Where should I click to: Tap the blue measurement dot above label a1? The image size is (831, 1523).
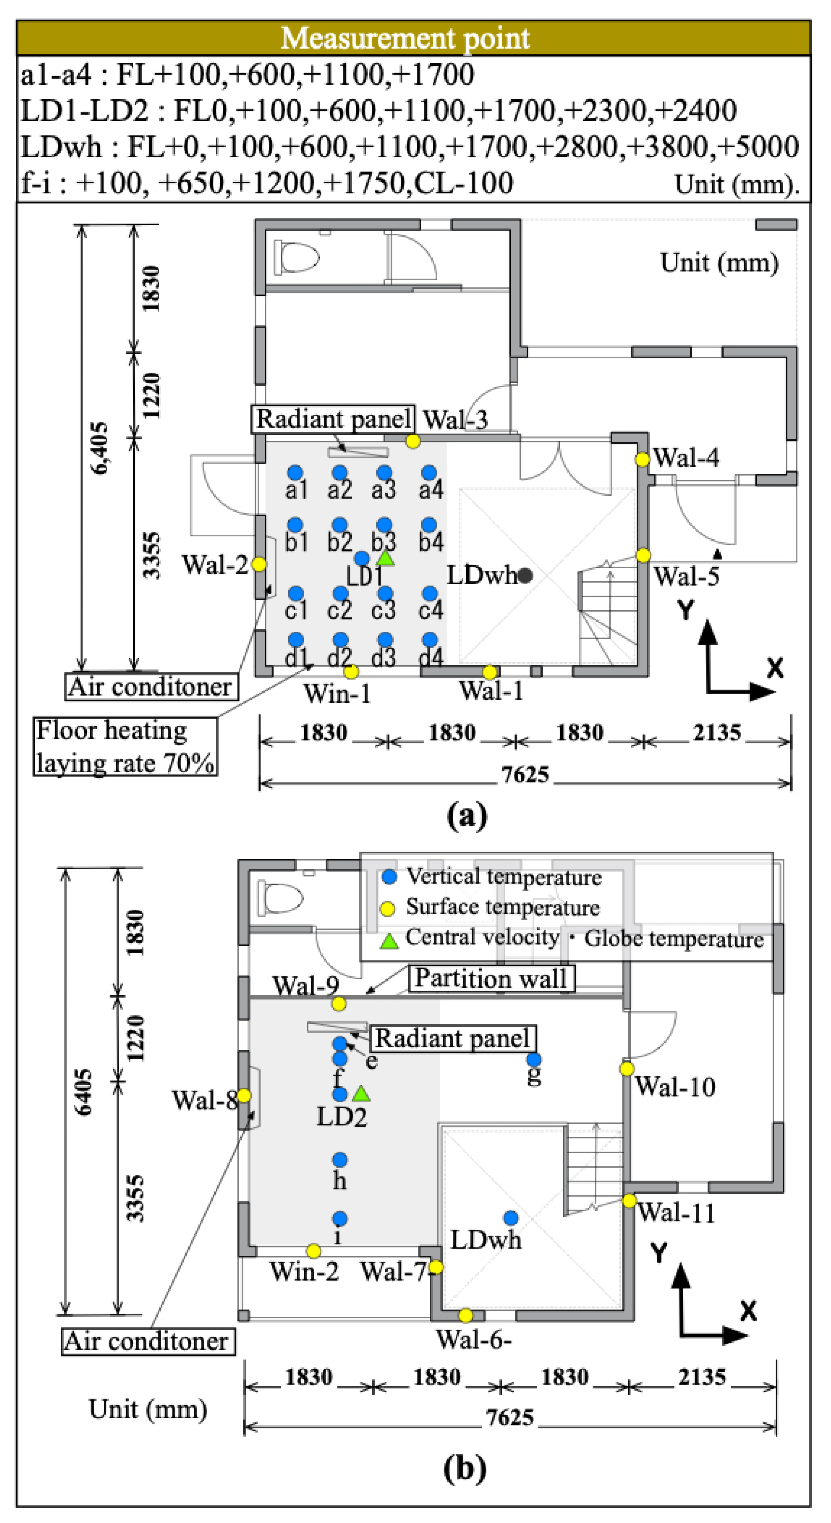[x=295, y=472]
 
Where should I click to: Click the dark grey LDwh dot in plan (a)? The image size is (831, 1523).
[x=525, y=575]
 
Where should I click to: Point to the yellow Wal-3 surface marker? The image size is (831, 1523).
[x=412, y=441]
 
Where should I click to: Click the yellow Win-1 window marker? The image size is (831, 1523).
[x=351, y=672]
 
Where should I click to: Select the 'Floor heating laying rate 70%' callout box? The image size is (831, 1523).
[x=125, y=746]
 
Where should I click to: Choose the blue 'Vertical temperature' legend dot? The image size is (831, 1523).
[x=389, y=877]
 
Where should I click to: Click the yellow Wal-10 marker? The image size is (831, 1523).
[x=626, y=1068]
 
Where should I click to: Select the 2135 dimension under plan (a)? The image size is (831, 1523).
[x=716, y=733]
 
